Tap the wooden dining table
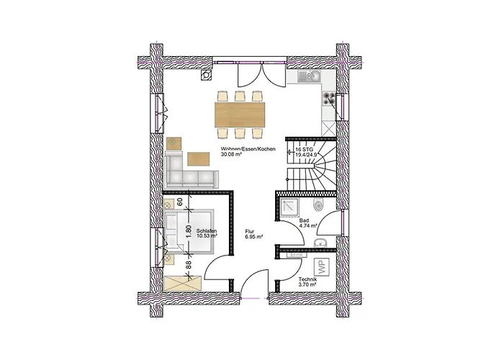[x=240, y=114]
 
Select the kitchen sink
[x=307, y=76]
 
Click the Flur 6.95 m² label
[x=253, y=233]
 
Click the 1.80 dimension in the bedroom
[x=189, y=232]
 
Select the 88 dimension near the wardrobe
[x=189, y=264]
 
